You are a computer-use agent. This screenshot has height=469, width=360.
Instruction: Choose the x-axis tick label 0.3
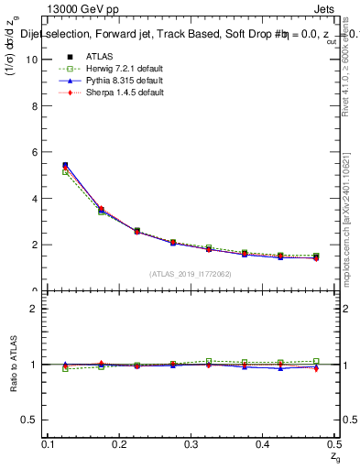tap(191, 443)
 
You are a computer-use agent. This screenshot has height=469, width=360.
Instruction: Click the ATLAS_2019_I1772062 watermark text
tap(190, 274)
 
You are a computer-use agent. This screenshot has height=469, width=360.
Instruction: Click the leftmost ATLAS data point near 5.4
tap(65, 165)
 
